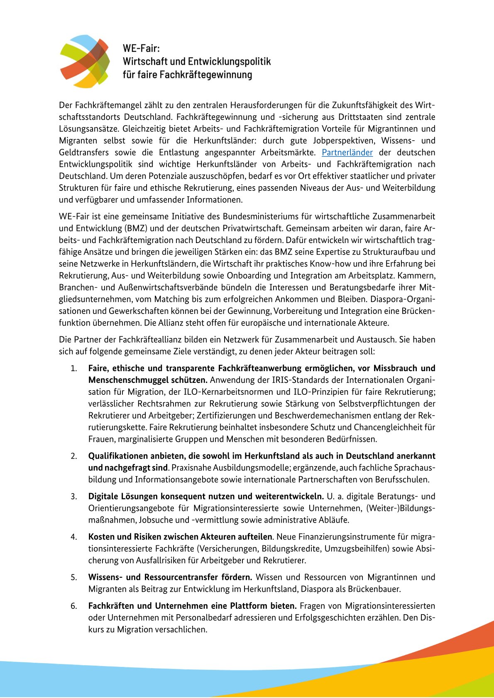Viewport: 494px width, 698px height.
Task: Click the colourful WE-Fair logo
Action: click(x=85, y=61)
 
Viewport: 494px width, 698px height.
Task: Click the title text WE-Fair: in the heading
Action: click(x=141, y=48)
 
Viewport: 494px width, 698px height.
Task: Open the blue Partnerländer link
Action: click(x=347, y=152)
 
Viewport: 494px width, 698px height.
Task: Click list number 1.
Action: click(x=73, y=368)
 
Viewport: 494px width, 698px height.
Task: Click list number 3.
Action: click(x=73, y=496)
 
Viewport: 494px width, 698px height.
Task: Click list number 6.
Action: click(x=73, y=606)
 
